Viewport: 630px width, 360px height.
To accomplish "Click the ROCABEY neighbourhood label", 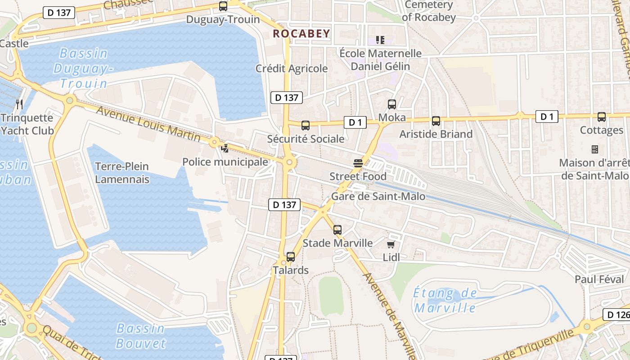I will coord(301,33).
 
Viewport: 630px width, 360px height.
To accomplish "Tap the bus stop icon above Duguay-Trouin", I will coord(223,6).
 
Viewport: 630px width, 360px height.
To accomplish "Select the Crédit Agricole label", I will coord(292,68).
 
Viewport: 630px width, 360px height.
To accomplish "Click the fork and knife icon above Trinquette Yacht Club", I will coord(19,104).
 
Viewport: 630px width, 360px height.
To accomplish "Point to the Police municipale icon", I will coord(225,148).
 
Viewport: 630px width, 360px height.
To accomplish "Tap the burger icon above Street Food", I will coord(358,163).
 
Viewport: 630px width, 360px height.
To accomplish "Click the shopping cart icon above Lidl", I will coord(391,244).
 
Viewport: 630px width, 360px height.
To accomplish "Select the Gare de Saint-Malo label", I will coord(378,196).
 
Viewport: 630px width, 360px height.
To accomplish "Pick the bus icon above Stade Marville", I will coord(337,230).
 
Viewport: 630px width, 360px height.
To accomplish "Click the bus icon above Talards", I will coord(291,257).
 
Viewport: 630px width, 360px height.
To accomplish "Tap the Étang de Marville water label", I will coord(445,301).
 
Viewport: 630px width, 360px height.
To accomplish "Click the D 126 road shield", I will coord(616,315).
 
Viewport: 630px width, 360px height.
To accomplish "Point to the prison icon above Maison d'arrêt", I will coord(594,149).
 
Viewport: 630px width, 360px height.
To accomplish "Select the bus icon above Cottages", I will coord(601,117).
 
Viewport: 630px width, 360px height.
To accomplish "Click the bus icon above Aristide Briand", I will coord(436,121).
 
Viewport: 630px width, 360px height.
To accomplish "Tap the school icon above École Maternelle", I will coord(380,40).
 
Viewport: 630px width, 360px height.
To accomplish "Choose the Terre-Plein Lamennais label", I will coord(122,173).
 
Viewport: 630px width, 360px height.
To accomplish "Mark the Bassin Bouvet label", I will coord(141,336).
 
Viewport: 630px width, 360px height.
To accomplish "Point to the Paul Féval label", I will coord(599,279).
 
